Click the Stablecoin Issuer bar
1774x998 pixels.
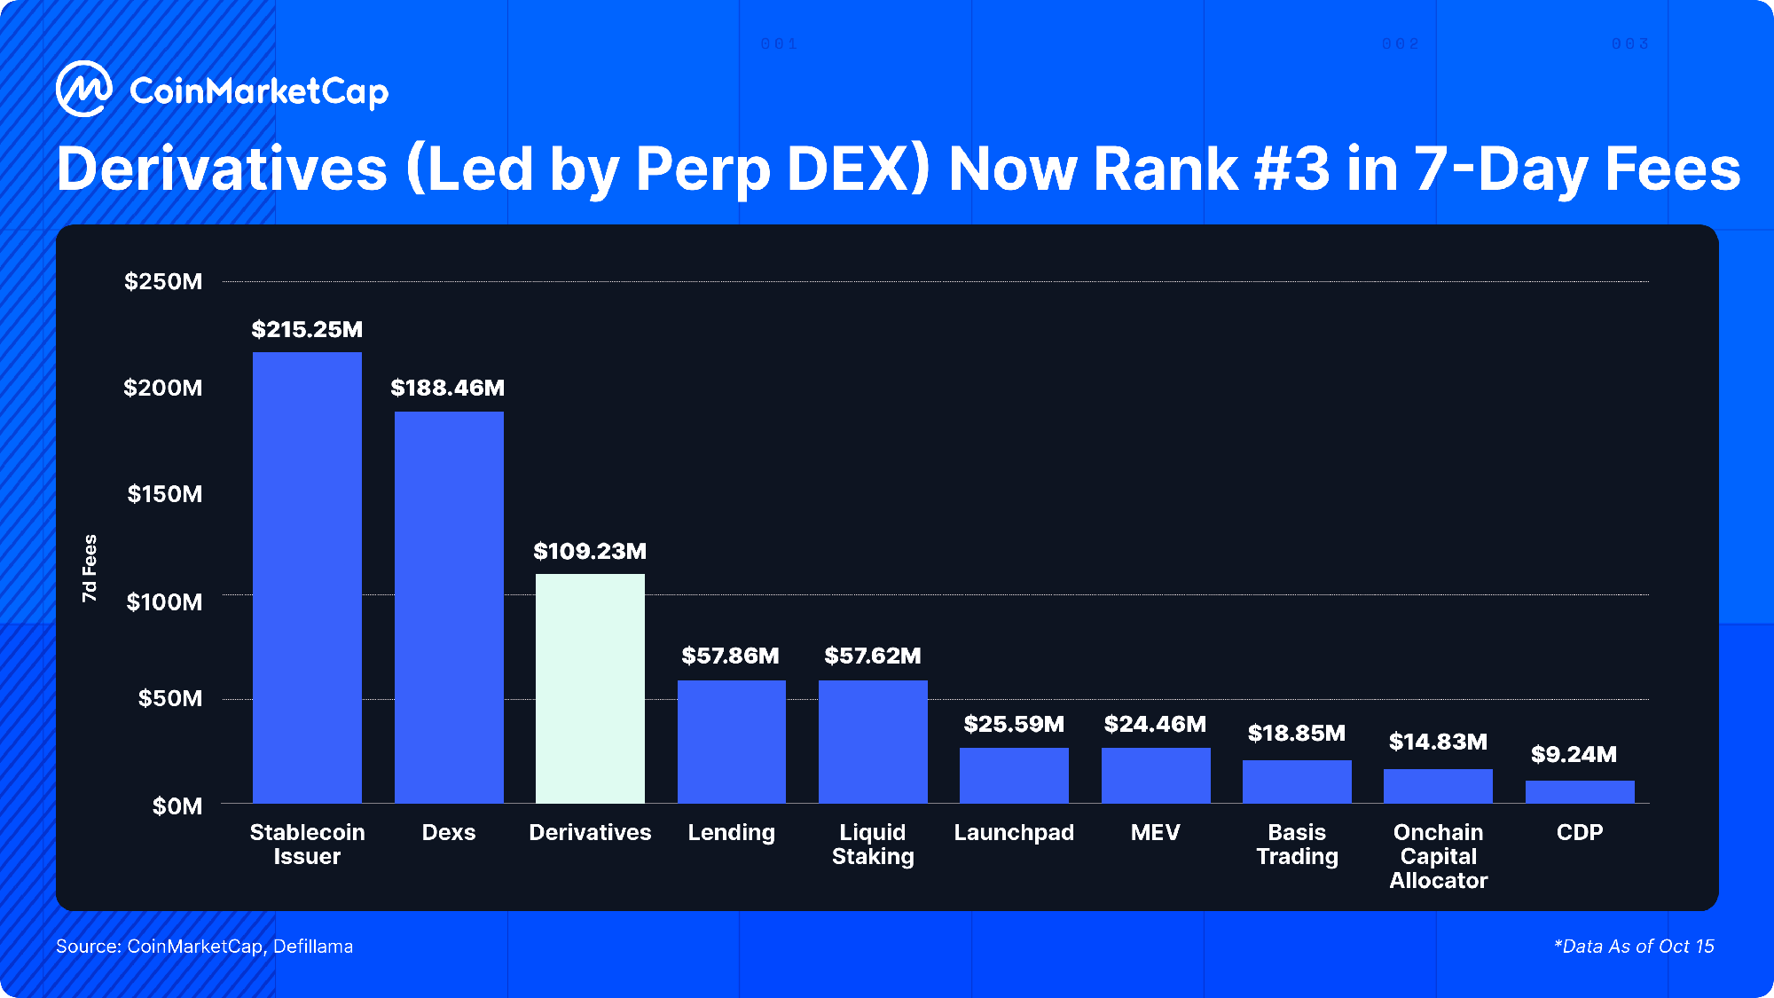[x=307, y=577]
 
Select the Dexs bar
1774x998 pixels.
[x=449, y=607]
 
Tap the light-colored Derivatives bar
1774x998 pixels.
[x=590, y=688]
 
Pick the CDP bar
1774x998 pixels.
[x=1580, y=792]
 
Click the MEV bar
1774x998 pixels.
[x=1156, y=775]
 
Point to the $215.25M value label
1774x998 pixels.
[x=307, y=330]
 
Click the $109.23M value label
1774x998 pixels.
[x=590, y=552]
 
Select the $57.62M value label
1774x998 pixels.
[x=873, y=656]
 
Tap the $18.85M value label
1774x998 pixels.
[x=1297, y=734]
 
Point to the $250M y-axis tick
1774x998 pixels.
[x=163, y=282]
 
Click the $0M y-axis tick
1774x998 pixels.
[x=177, y=806]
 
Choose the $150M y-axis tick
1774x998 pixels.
[x=165, y=494]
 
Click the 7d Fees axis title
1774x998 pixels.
[x=90, y=569]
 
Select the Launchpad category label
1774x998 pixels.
[x=1014, y=833]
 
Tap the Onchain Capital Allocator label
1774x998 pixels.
[x=1438, y=857]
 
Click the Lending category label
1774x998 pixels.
[x=732, y=833]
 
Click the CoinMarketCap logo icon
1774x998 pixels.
[x=83, y=89]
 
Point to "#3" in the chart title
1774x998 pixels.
[x=1291, y=169]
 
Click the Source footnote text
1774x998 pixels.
[x=205, y=947]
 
